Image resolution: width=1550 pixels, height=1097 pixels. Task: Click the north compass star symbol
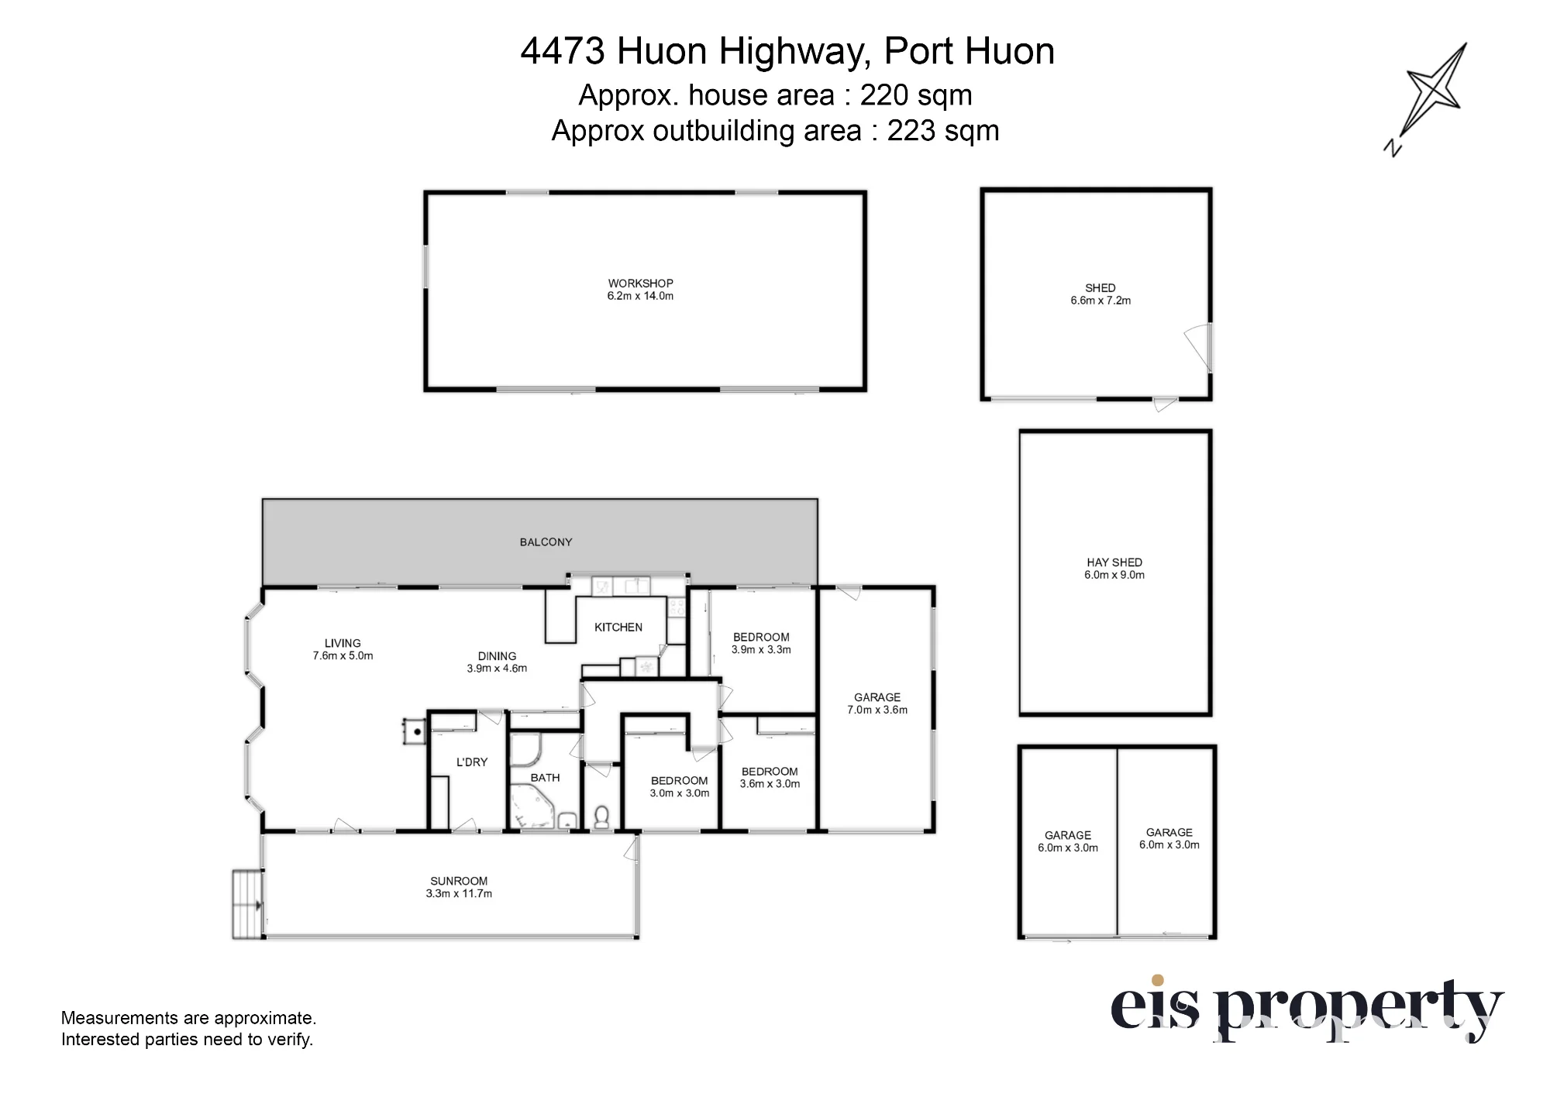point(1435,92)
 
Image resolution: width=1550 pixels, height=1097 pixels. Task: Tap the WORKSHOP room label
point(640,284)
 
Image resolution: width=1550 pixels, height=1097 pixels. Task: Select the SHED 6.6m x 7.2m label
point(1100,294)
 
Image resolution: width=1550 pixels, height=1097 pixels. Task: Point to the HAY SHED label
point(1114,562)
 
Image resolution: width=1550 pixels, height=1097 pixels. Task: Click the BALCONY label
point(546,542)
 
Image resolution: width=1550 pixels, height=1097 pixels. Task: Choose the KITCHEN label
point(618,628)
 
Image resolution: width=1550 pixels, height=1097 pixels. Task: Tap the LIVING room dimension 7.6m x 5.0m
point(343,656)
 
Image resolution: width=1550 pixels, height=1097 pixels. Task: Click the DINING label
point(497,656)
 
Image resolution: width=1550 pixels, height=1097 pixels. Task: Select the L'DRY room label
point(472,762)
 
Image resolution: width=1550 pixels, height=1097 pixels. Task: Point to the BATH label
point(545,778)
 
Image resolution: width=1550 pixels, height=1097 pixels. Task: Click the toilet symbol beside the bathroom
point(601,817)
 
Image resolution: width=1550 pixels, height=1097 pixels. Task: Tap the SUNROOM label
point(459,881)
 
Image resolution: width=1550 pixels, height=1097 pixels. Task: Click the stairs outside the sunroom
point(247,904)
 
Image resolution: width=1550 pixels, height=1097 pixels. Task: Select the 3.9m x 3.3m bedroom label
point(761,644)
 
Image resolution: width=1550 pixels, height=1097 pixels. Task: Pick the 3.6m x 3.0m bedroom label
point(770,778)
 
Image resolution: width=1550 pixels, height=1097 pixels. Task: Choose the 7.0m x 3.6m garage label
point(877,703)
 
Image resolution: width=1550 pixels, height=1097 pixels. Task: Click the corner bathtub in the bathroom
point(534,806)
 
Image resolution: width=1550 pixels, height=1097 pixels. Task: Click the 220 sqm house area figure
point(916,95)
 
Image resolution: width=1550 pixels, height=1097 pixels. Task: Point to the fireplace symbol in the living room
point(414,731)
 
